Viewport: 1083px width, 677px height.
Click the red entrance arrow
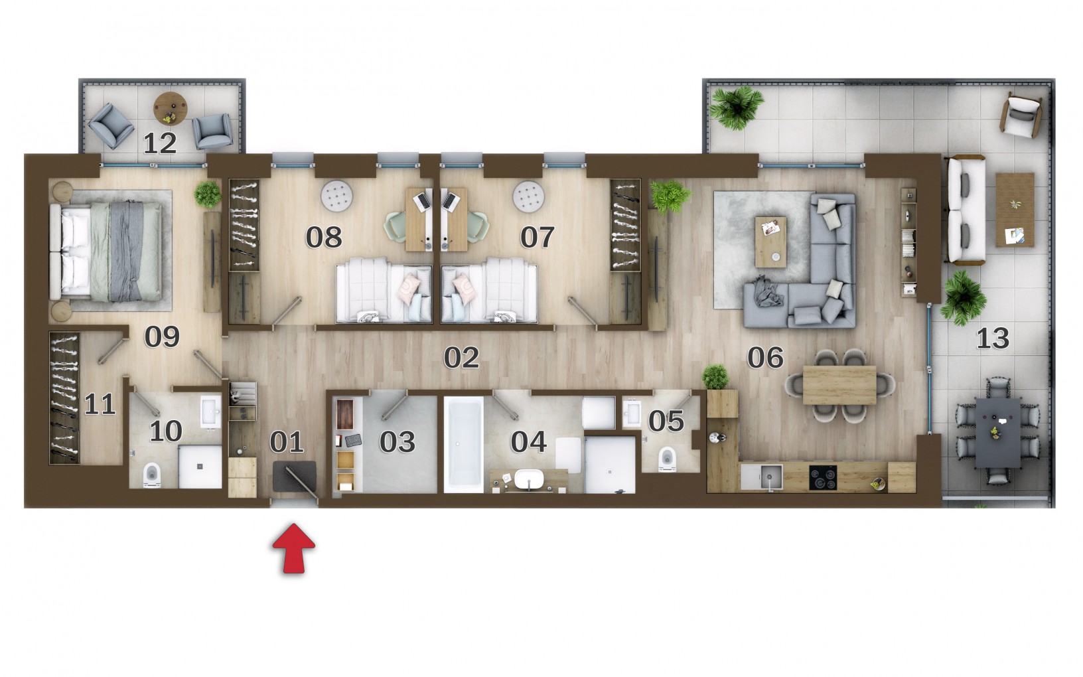tap(293, 548)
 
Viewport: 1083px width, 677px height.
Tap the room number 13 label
tap(993, 338)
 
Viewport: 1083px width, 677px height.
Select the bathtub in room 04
tap(463, 445)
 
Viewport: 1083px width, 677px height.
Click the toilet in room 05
tap(667, 459)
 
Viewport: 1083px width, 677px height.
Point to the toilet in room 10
tap(152, 475)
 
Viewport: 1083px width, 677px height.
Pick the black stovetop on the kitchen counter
tap(823, 477)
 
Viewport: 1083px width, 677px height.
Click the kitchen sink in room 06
tap(769, 477)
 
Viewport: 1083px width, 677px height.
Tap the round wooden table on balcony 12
tap(170, 108)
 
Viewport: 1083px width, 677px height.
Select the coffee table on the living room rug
tap(770, 242)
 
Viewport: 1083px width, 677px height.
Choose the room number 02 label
tap(461, 357)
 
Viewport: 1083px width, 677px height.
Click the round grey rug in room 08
tap(337, 196)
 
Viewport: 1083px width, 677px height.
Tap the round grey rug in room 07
tap(528, 196)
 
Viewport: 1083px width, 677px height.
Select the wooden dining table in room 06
tap(839, 385)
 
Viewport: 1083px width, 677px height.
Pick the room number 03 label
tap(397, 441)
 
